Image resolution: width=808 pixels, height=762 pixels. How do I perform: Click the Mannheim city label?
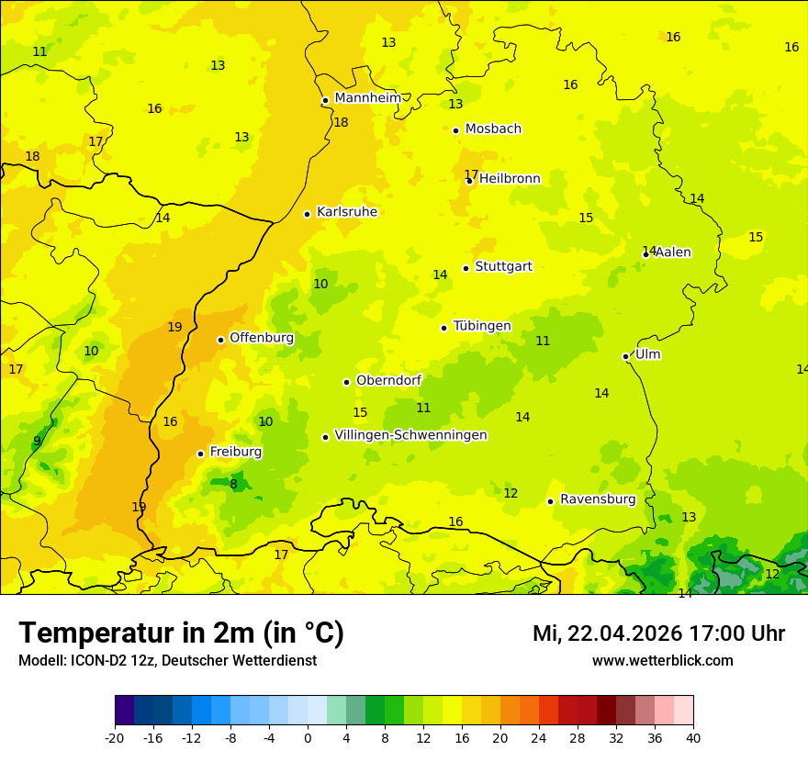pyautogui.click(x=367, y=98)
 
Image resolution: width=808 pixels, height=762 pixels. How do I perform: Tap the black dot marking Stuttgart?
pyautogui.click(x=466, y=268)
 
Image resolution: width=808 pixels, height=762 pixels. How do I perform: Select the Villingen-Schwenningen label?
pyautogui.click(x=410, y=435)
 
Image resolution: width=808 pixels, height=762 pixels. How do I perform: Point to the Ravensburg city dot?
pyautogui.click(x=550, y=501)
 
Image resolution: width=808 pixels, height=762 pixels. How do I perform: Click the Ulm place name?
pyautogui.click(x=647, y=354)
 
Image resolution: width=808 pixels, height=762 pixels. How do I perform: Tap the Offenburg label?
pyautogui.click(x=261, y=338)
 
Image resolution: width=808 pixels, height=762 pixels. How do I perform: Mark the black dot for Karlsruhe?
pyautogui.click(x=307, y=214)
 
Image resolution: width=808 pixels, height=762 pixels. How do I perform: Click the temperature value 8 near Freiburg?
pyautogui.click(x=233, y=484)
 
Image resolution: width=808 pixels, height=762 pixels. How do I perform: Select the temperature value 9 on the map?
pyautogui.click(x=37, y=441)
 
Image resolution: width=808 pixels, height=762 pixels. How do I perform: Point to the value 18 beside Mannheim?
pyautogui.click(x=341, y=122)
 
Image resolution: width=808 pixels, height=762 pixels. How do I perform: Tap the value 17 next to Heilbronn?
pyautogui.click(x=470, y=174)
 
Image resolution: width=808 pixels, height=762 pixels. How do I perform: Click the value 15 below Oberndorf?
pyautogui.click(x=360, y=413)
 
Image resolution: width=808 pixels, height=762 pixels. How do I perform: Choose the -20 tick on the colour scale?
pyautogui.click(x=115, y=737)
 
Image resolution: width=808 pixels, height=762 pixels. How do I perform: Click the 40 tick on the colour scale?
pyautogui.click(x=692, y=737)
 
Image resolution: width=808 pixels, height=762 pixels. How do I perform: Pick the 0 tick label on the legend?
pyautogui.click(x=308, y=737)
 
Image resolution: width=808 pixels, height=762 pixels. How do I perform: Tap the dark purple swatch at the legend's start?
pyautogui.click(x=124, y=711)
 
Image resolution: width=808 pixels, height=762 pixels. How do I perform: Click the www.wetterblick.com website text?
pyautogui.click(x=662, y=661)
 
